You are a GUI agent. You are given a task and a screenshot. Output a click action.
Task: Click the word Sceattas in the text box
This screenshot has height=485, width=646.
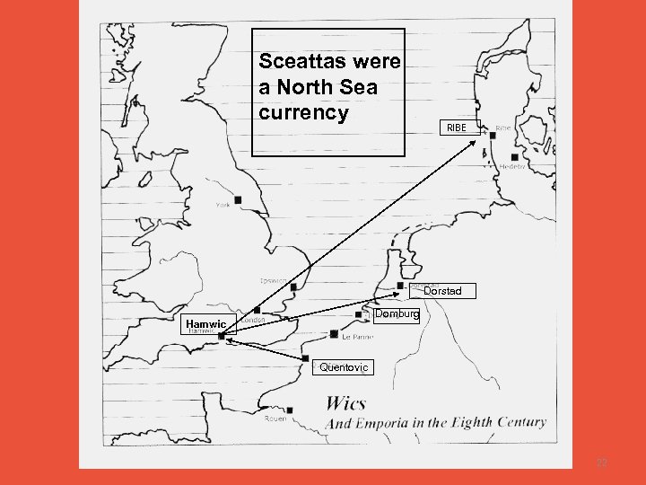[296, 62]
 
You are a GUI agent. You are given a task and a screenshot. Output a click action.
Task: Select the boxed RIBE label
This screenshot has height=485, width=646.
[458, 128]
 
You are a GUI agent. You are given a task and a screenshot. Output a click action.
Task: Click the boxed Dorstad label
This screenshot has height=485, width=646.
[443, 291]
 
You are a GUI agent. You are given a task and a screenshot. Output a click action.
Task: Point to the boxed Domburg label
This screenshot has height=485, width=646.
[397, 314]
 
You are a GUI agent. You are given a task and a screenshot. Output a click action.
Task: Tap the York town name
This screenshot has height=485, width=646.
[223, 206]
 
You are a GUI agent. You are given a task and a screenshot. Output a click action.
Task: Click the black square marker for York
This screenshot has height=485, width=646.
[238, 199]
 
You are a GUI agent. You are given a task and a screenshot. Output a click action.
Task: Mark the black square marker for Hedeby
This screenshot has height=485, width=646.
[515, 158]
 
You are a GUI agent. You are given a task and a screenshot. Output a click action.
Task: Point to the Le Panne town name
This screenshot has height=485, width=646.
[356, 339]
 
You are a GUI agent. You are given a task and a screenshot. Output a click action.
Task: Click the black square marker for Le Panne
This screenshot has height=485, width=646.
[335, 334]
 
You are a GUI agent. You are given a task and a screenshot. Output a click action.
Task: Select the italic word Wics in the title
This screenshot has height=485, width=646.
[345, 403]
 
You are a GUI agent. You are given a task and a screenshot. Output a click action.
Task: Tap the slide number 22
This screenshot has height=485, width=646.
[602, 462]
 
